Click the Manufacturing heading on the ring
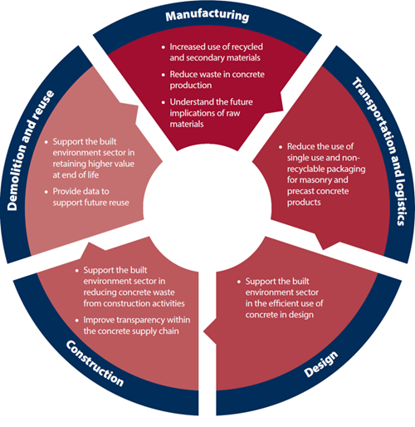tap(207, 16)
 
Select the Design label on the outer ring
tap(321, 364)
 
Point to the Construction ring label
tap(95, 363)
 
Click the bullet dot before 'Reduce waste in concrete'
tap(164, 75)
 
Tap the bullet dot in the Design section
tap(239, 282)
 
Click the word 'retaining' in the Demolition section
tap(68, 164)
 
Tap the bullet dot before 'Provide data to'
tap(46, 192)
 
